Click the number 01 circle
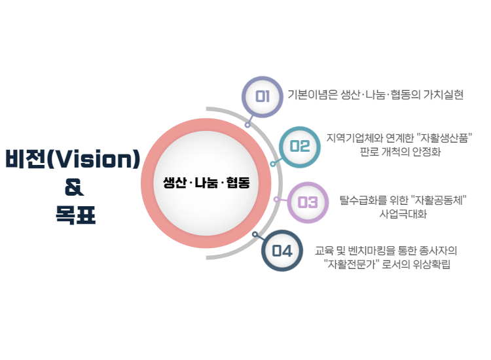(263, 97)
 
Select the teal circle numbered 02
(300, 147)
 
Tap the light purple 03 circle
(308, 202)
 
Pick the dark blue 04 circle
(282, 251)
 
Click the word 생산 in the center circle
(175, 183)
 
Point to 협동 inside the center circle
(238, 183)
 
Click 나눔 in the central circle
(206, 183)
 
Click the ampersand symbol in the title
(74, 187)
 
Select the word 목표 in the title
(75, 215)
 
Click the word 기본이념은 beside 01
(312, 94)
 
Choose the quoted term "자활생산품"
(444, 137)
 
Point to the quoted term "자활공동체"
(438, 200)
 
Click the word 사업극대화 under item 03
(403, 214)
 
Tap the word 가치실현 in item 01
(443, 94)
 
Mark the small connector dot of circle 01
(247, 125)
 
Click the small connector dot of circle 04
(255, 234)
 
